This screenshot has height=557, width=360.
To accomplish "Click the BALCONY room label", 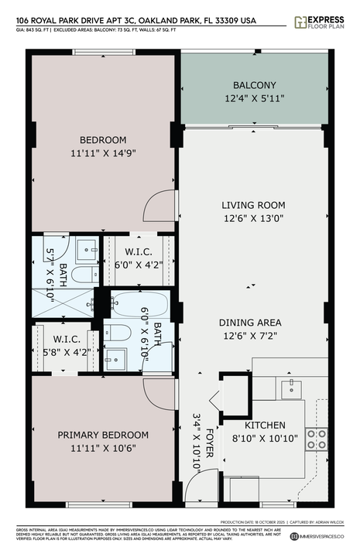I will coord(254,85).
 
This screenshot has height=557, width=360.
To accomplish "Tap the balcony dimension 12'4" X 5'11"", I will coord(254,99).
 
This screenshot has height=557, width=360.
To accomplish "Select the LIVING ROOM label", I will coord(253,205).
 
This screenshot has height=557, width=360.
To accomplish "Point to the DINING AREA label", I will coord(249,323).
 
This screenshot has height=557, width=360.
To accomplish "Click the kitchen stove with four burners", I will coord(317,439).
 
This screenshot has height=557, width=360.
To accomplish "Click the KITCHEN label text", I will coord(266,425).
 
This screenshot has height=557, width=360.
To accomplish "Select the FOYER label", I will coord(207,425).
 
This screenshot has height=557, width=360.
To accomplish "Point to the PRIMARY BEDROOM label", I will coord(104,435).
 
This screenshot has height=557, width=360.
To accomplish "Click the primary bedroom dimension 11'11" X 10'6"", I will coord(104,449).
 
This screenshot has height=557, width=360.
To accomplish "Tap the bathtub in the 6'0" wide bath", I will coord(136,303).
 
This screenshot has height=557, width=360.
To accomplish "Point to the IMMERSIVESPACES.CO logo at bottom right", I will coord(321,536).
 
